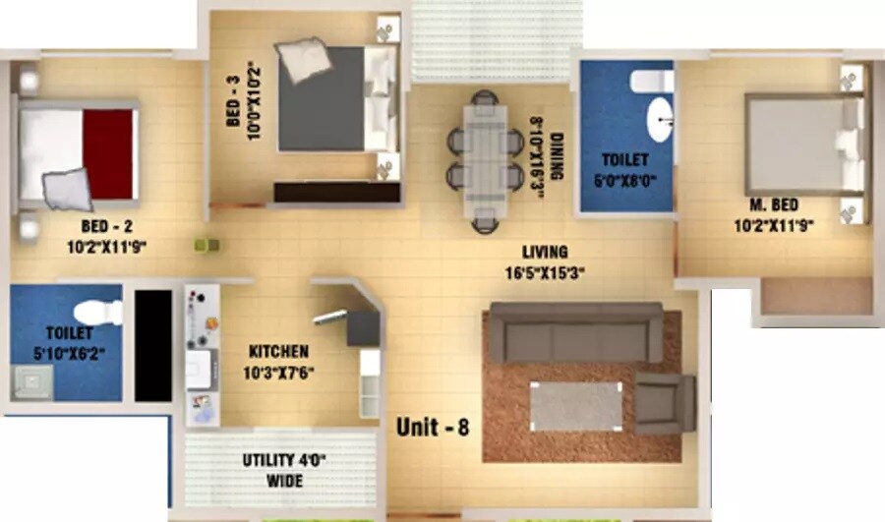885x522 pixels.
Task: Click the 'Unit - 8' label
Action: click(434, 428)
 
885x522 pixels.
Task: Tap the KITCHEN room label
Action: click(278, 351)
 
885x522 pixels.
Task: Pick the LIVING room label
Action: click(544, 253)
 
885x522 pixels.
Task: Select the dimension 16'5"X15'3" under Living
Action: click(543, 274)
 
